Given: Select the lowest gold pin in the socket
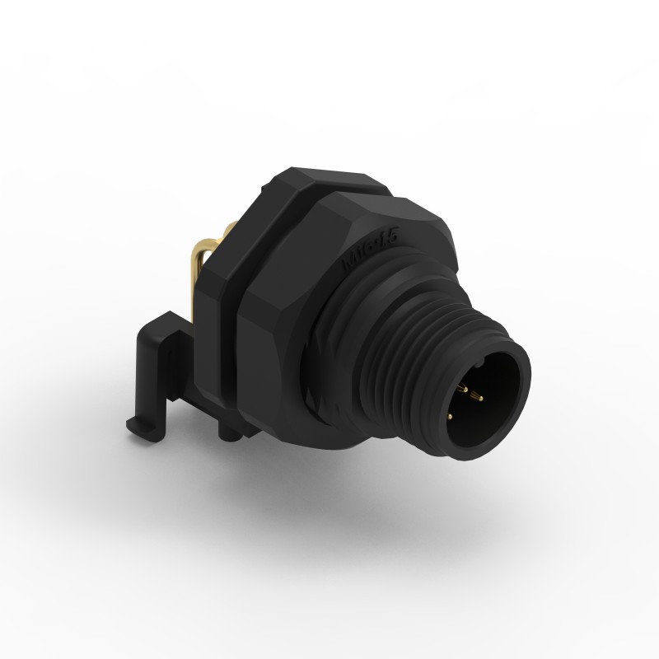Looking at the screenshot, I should click(451, 417).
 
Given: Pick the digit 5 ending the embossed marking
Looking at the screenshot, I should click(393, 236).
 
